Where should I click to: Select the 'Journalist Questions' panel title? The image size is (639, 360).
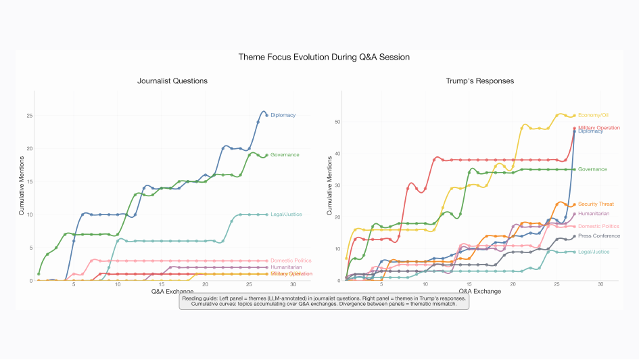click(x=172, y=81)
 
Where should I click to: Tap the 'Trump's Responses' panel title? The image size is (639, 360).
click(x=479, y=81)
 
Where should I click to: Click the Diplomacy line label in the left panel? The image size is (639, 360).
click(x=283, y=116)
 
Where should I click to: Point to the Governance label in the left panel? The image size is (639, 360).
click(x=285, y=155)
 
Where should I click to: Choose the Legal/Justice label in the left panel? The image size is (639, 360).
click(x=286, y=215)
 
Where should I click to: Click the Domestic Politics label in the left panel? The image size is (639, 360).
click(x=291, y=261)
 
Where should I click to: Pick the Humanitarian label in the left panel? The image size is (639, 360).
click(x=286, y=267)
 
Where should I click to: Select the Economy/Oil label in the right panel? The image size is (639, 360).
click(x=595, y=116)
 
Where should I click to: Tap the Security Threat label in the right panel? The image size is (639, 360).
click(x=596, y=204)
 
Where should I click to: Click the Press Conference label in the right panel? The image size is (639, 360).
click(x=599, y=235)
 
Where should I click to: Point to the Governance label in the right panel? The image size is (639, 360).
click(x=592, y=169)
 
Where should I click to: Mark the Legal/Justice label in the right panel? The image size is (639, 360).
click(x=594, y=252)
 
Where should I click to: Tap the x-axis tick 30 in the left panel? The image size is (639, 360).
click(x=293, y=286)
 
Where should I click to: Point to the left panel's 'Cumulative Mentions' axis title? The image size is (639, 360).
click(x=22, y=185)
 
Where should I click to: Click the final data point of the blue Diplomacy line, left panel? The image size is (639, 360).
click(x=266, y=115)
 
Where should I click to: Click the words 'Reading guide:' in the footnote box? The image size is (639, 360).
click(x=201, y=298)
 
